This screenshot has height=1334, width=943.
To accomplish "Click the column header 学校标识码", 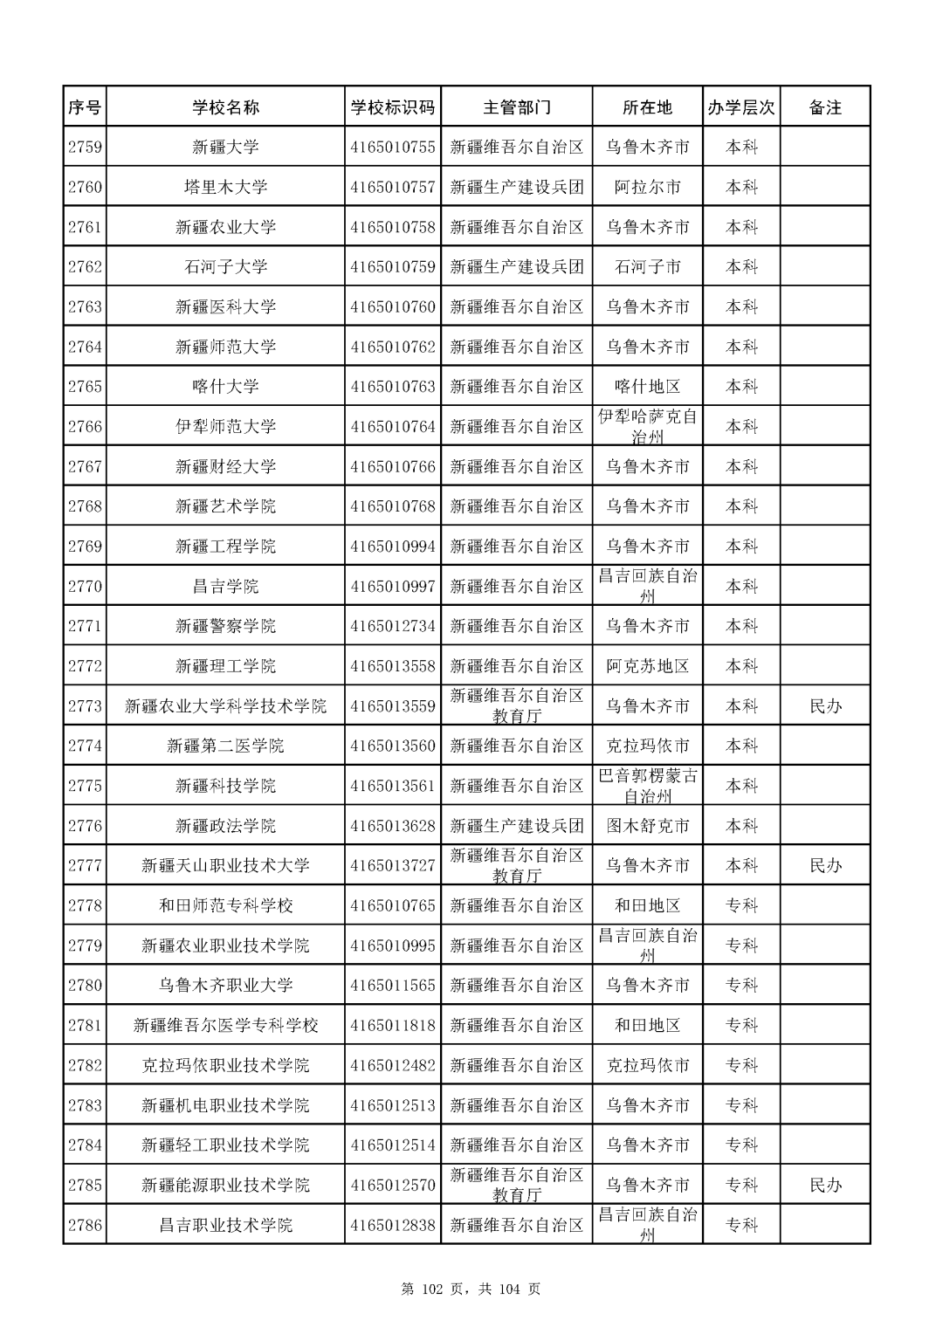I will point(392,107).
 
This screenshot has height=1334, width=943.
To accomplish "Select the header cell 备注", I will point(825,107).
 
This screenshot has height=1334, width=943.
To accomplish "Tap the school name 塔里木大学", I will point(225,187).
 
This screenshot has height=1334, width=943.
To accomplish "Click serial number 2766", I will point(85,427).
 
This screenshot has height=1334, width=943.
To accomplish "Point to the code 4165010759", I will point(392,267).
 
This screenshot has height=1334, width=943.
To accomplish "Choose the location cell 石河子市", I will point(647,267).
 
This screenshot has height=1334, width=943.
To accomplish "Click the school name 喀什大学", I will point(225,387).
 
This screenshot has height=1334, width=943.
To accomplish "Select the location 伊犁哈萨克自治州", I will point(647,427).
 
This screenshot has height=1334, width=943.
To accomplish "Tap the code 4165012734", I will point(392,626).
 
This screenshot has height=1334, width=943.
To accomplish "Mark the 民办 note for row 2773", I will point(825,706).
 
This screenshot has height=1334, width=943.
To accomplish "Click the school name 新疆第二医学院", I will point(225,746).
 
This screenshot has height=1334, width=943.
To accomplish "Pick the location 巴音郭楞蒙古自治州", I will point(647,786).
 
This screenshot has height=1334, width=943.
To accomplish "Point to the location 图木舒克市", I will point(647,826).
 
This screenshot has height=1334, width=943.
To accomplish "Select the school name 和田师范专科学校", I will point(225,905).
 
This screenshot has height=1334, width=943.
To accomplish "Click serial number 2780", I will point(85,986).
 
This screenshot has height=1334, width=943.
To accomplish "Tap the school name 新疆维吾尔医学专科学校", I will point(225,1026).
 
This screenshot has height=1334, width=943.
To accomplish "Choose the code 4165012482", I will point(392,1065).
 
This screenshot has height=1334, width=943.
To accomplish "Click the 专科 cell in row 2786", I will point(741,1225).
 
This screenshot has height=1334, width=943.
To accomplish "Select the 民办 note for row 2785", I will point(825,1186).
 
